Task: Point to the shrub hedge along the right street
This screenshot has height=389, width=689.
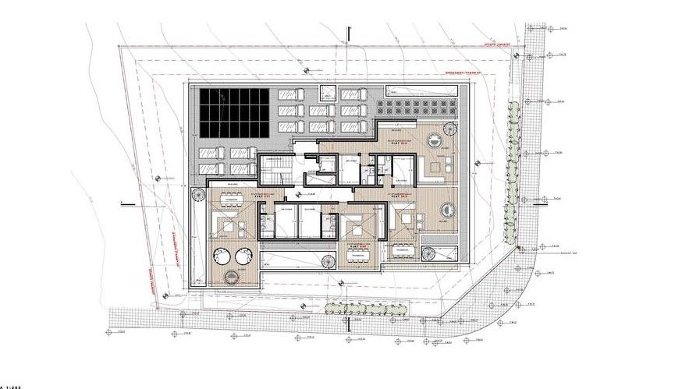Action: pos(513,175)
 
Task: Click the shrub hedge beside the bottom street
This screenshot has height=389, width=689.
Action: pos(367,309)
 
